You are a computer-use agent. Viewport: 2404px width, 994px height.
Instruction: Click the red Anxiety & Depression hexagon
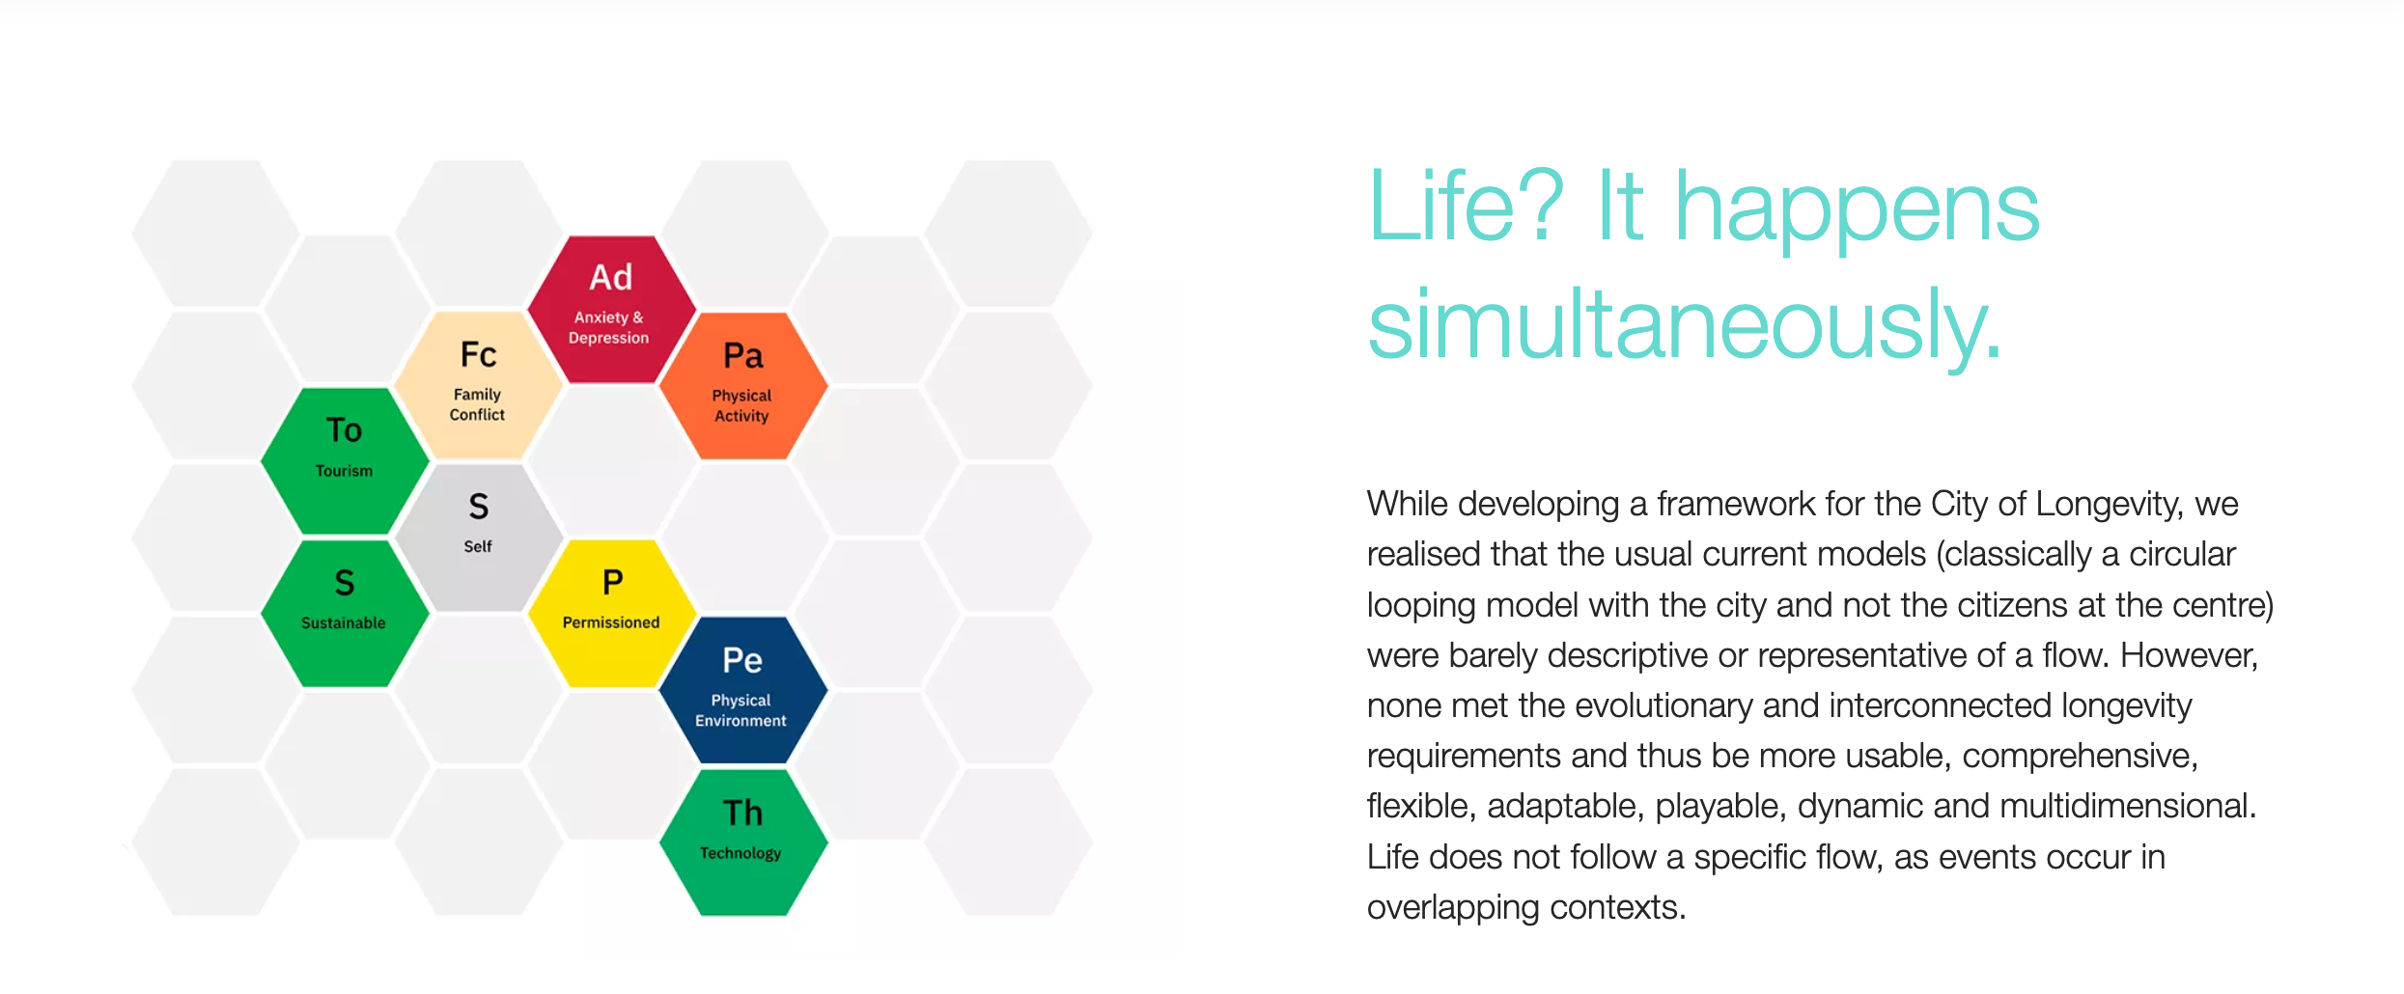point(611,309)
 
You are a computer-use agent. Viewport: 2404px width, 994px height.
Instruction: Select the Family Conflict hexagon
point(478,385)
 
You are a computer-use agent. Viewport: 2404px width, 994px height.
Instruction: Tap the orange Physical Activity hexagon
point(743,385)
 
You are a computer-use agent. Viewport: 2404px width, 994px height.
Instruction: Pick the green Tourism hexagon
point(345,460)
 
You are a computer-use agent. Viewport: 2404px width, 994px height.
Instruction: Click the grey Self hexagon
point(478,537)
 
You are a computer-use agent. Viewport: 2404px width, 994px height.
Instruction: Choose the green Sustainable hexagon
point(345,613)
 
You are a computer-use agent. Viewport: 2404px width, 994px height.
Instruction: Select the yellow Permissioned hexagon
point(611,613)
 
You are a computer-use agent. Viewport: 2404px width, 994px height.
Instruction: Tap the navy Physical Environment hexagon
point(743,689)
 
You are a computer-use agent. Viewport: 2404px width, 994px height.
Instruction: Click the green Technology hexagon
point(743,842)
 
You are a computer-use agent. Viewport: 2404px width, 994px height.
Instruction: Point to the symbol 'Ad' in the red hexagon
point(611,278)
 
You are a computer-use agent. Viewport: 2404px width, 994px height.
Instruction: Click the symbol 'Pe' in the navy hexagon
point(742,660)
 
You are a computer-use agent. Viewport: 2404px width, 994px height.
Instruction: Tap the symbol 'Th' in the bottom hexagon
point(742,813)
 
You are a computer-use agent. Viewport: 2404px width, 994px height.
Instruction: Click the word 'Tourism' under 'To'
point(345,471)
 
